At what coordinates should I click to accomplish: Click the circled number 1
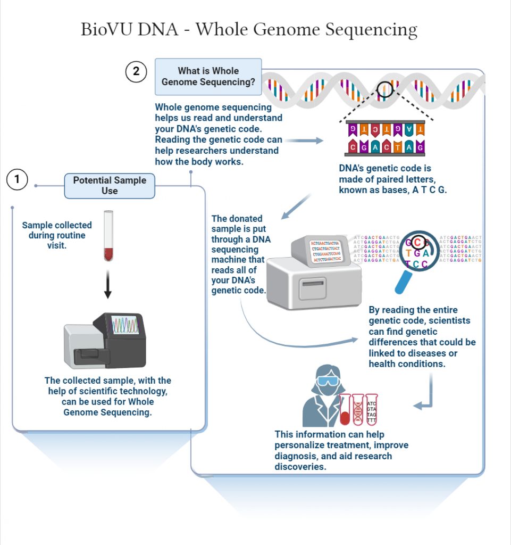tap(17, 180)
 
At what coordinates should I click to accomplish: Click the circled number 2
tap(136, 72)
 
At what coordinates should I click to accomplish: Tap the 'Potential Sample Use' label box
tap(110, 186)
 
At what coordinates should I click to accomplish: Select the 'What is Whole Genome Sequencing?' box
tap(208, 77)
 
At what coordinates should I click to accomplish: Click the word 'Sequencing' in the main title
tap(370, 30)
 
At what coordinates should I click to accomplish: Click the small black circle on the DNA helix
tap(385, 90)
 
